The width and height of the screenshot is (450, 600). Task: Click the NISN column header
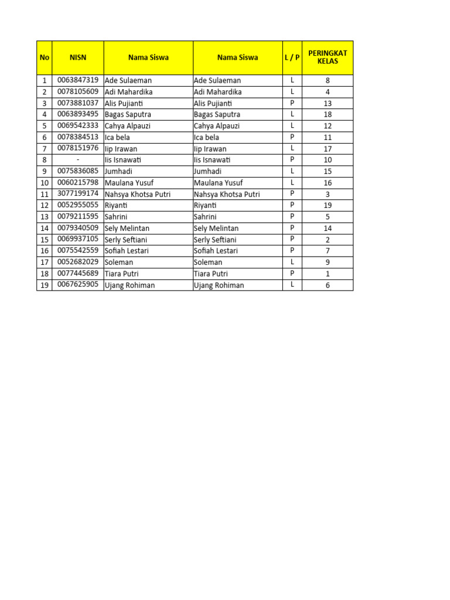click(x=77, y=57)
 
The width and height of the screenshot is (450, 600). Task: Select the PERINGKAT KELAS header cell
click(x=328, y=57)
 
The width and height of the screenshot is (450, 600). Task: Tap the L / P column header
click(x=292, y=57)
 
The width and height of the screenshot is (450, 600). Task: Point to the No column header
click(x=45, y=57)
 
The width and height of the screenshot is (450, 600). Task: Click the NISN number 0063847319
click(x=77, y=80)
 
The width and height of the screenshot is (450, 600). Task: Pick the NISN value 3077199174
click(x=77, y=193)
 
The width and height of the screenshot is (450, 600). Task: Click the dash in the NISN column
click(x=77, y=159)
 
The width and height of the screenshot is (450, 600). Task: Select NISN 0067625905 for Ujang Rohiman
click(x=77, y=284)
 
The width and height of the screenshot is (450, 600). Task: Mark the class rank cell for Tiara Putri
click(x=328, y=273)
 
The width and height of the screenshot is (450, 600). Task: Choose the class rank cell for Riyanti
click(x=328, y=205)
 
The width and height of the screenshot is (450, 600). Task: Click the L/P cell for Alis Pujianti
click(x=292, y=103)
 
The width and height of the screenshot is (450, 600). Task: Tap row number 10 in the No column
click(x=45, y=183)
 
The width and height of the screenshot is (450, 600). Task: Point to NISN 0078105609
click(x=77, y=91)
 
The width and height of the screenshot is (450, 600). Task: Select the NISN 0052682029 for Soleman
click(x=77, y=261)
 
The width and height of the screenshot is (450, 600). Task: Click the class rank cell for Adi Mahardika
click(x=328, y=92)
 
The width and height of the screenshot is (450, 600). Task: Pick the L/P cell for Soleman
click(x=292, y=262)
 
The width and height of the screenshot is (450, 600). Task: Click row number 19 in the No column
click(x=45, y=285)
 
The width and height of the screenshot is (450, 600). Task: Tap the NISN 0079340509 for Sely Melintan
click(x=77, y=227)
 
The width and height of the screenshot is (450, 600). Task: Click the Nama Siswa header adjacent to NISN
click(x=148, y=57)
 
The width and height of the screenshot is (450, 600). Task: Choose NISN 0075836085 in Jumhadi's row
click(x=77, y=171)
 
